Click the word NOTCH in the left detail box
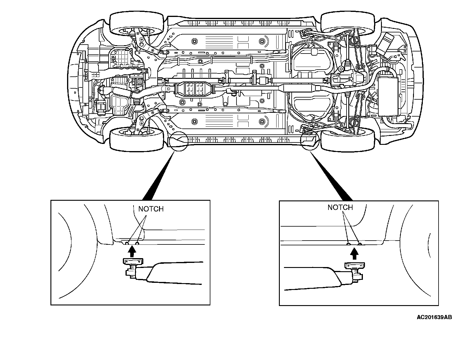point(151,209)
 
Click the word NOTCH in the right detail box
point(340,207)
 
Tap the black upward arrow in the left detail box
point(133,252)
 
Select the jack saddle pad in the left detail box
point(133,261)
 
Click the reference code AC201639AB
point(434,317)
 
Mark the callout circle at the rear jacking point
point(309,139)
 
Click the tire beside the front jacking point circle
point(137,139)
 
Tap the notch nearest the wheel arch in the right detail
point(360,244)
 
